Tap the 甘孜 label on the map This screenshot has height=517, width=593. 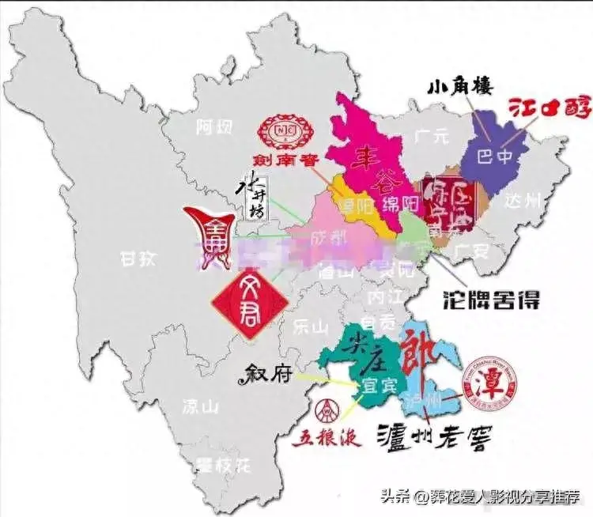[136, 257]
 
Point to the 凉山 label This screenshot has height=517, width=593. [199, 407]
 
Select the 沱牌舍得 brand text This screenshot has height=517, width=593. [481, 299]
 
